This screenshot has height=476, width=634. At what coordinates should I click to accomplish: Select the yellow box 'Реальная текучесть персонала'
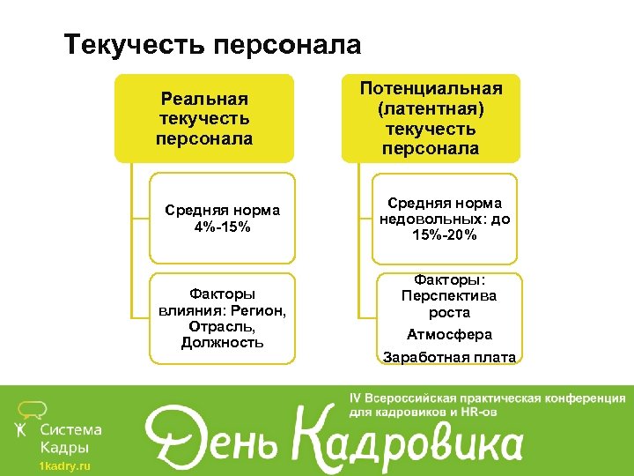pyautogui.click(x=203, y=119)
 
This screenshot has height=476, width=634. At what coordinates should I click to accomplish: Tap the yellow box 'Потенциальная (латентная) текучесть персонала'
pyautogui.click(x=431, y=118)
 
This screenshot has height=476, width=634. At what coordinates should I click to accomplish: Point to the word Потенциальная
pyautogui.click(x=431, y=89)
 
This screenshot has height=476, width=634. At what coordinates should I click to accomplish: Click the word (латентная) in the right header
pyautogui.click(x=431, y=109)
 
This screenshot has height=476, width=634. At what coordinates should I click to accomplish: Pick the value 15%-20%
pyautogui.click(x=444, y=235)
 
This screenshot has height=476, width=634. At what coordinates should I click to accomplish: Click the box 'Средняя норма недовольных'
pyautogui.click(x=445, y=219)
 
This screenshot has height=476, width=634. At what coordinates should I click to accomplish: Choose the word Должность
pyautogui.click(x=222, y=342)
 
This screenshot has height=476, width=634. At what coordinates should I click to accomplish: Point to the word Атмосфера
pyautogui.click(x=449, y=335)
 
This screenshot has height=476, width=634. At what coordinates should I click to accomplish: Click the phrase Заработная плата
pyautogui.click(x=449, y=358)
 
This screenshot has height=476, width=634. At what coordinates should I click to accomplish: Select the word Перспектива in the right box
pyautogui.click(x=449, y=296)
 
